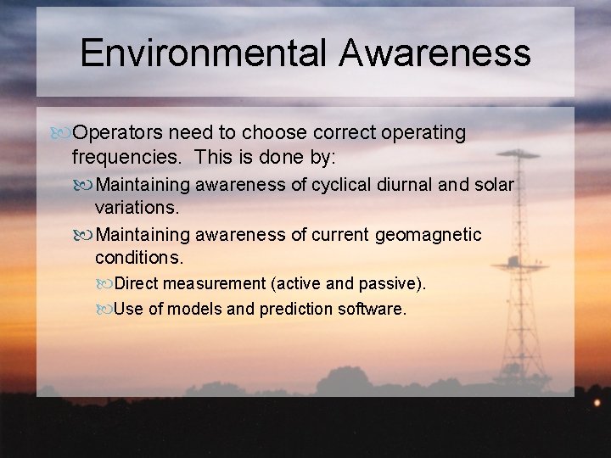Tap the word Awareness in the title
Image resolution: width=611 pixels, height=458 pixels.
tap(435, 53)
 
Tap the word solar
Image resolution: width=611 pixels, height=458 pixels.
tap(495, 185)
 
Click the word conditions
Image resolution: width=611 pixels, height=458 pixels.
tap(138, 256)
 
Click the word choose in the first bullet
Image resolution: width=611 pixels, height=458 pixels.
tap(272, 133)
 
